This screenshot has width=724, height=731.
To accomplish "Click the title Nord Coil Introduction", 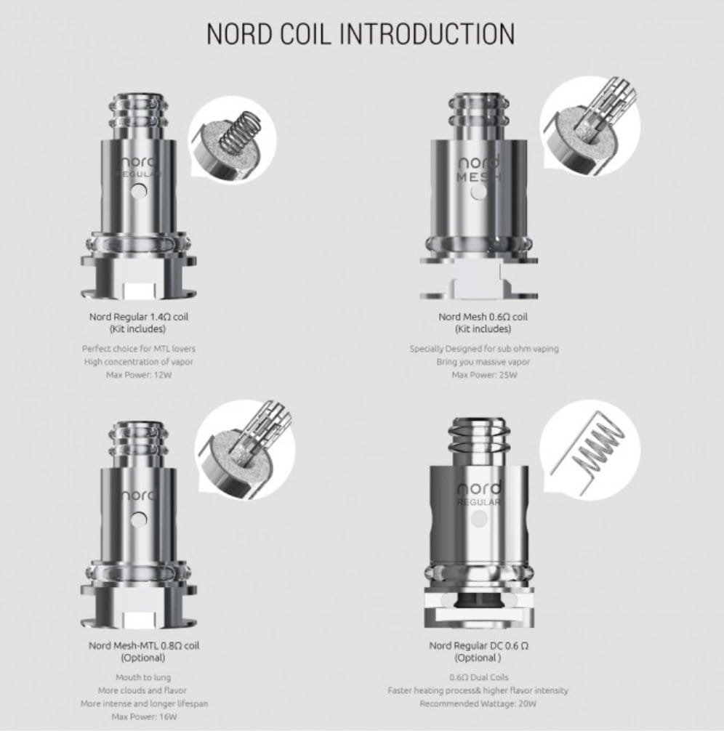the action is (x=361, y=33).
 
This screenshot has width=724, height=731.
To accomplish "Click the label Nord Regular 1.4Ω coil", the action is (x=139, y=317).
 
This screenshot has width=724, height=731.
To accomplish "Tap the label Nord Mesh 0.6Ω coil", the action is (x=483, y=317).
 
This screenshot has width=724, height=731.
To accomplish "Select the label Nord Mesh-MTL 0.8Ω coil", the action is (x=144, y=646).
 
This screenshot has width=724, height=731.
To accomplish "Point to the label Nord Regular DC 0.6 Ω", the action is (x=478, y=646).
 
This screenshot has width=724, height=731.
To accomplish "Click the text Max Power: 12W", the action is (x=139, y=375).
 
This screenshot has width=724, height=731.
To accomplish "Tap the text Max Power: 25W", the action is (x=484, y=375).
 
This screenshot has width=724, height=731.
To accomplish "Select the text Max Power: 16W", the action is (x=144, y=716).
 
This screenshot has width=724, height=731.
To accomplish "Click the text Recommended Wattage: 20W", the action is (x=478, y=703).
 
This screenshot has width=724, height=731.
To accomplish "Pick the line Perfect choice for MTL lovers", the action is (x=139, y=349).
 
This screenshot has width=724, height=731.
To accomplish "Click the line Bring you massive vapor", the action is (x=483, y=362).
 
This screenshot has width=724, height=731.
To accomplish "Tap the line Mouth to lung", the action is (x=143, y=677).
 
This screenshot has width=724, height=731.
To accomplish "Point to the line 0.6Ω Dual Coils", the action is (x=478, y=677).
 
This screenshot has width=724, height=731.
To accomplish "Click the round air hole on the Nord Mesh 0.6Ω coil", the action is (x=478, y=191).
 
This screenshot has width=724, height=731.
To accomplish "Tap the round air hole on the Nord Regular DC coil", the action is (x=480, y=518).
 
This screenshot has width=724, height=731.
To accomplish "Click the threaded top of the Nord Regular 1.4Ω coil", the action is (x=139, y=116).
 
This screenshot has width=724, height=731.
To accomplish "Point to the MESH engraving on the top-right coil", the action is (x=478, y=177).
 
